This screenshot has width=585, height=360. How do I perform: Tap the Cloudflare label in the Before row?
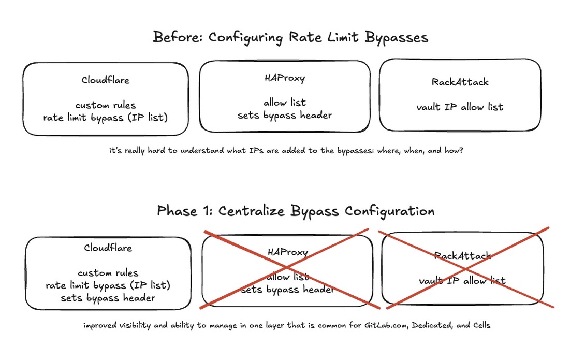point(106,80)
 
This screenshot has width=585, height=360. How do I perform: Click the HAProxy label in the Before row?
point(285,78)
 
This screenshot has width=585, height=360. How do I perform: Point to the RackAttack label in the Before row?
point(460,82)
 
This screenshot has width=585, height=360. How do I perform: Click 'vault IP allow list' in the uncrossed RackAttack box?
point(460,107)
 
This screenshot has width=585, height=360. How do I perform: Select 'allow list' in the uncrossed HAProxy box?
point(285,103)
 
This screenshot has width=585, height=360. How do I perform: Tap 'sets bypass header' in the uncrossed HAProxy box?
point(285,115)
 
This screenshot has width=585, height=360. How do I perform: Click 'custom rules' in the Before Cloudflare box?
point(106,105)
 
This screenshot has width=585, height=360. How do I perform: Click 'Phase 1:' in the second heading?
point(184,211)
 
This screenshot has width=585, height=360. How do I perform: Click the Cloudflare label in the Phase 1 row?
point(108,248)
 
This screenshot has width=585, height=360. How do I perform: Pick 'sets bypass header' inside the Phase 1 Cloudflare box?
point(108,298)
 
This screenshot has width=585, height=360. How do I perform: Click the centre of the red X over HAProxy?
point(287,267)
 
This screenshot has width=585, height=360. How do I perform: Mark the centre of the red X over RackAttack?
point(465,268)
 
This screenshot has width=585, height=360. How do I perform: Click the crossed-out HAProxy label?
point(288,252)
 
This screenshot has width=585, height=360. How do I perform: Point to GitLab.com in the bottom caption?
point(386,325)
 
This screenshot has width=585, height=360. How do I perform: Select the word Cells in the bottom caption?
point(481,325)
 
